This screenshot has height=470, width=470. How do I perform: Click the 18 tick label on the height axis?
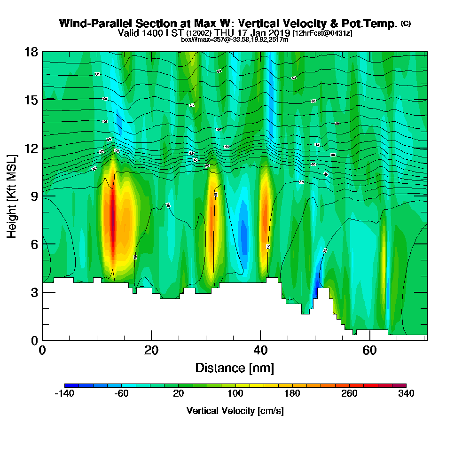pos(31,52)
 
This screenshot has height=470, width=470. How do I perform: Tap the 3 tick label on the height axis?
pos(34,292)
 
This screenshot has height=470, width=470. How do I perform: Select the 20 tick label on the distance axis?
pos(151,350)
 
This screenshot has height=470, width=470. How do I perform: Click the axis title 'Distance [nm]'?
pos(235,368)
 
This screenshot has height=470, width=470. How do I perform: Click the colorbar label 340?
pos(406,393)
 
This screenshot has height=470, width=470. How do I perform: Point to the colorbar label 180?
pos(292,393)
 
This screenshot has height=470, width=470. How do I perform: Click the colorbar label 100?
pos(235,393)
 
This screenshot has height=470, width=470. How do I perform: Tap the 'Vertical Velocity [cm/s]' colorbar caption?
pos(235,411)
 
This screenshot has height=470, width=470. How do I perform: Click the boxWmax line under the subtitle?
pos(235,39)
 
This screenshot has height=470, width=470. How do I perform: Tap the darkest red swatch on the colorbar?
pos(399,385)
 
